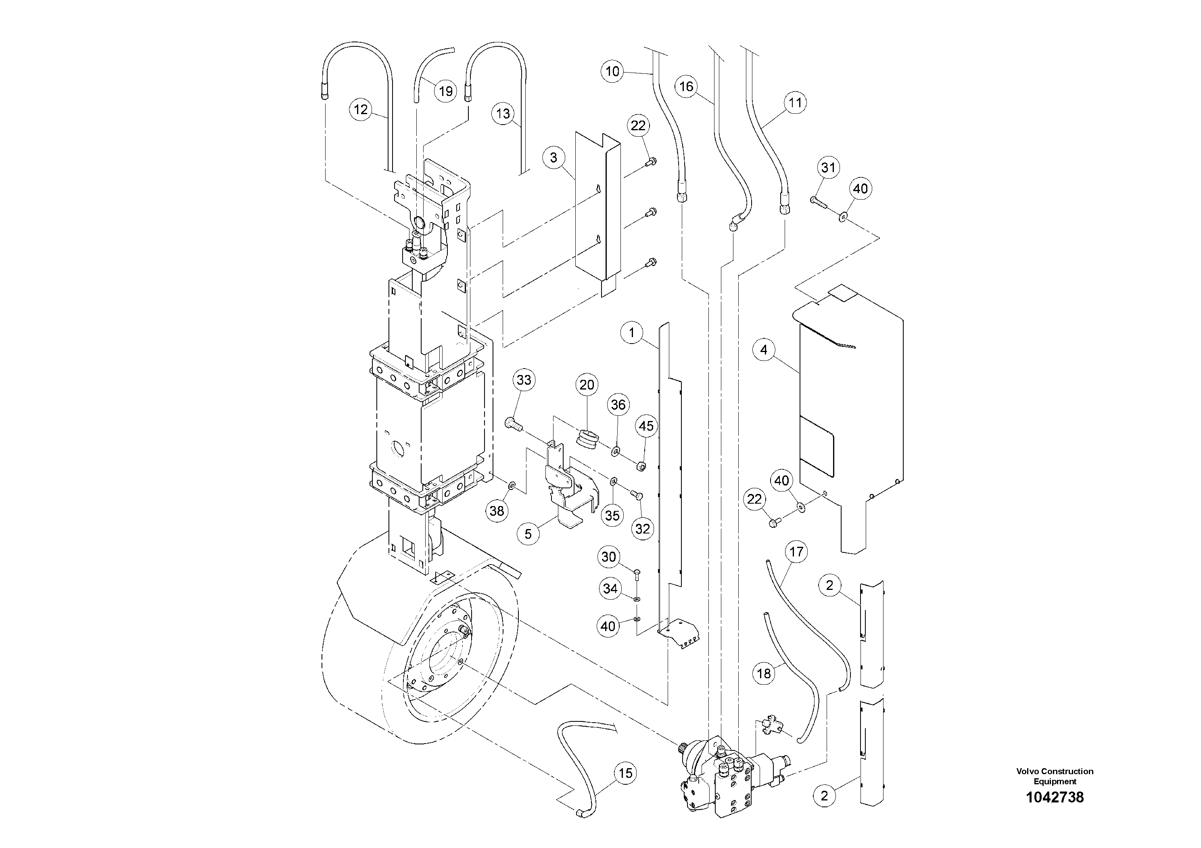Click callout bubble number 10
coord(612,71)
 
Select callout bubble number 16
coord(686,86)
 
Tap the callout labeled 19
coord(445,92)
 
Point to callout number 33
coord(524,380)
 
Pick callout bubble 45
coord(646,426)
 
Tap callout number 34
coord(610,589)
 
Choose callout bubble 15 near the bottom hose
coord(626,773)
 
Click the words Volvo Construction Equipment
coord(1055,776)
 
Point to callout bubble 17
coord(796,552)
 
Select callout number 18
coord(764,673)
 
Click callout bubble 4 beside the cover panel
coord(764,350)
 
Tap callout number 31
coord(828,167)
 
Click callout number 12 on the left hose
coord(361,109)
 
